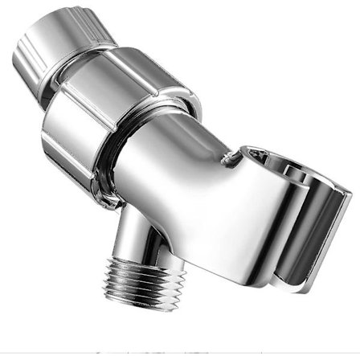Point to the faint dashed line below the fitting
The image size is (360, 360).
pos(181,351)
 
